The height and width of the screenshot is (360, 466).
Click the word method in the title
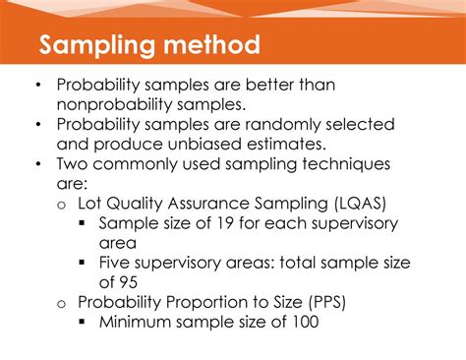211,44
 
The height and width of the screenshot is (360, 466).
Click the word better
269,85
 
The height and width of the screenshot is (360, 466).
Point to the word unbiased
204,145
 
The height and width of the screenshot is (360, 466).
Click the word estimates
286,145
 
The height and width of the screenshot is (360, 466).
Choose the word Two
72,164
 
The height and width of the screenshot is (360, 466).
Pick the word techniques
346,164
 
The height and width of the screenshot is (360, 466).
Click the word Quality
135,204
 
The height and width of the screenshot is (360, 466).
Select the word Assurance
208,204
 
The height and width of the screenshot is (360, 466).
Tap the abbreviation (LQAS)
360,204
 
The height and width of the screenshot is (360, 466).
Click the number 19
225,223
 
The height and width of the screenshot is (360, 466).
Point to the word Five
114,263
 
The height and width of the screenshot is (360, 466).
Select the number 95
128,282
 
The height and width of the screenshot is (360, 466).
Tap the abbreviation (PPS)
327,302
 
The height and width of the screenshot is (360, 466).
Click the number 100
306,322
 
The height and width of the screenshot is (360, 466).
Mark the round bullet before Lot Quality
62,206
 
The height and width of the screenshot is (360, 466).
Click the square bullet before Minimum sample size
82,322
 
